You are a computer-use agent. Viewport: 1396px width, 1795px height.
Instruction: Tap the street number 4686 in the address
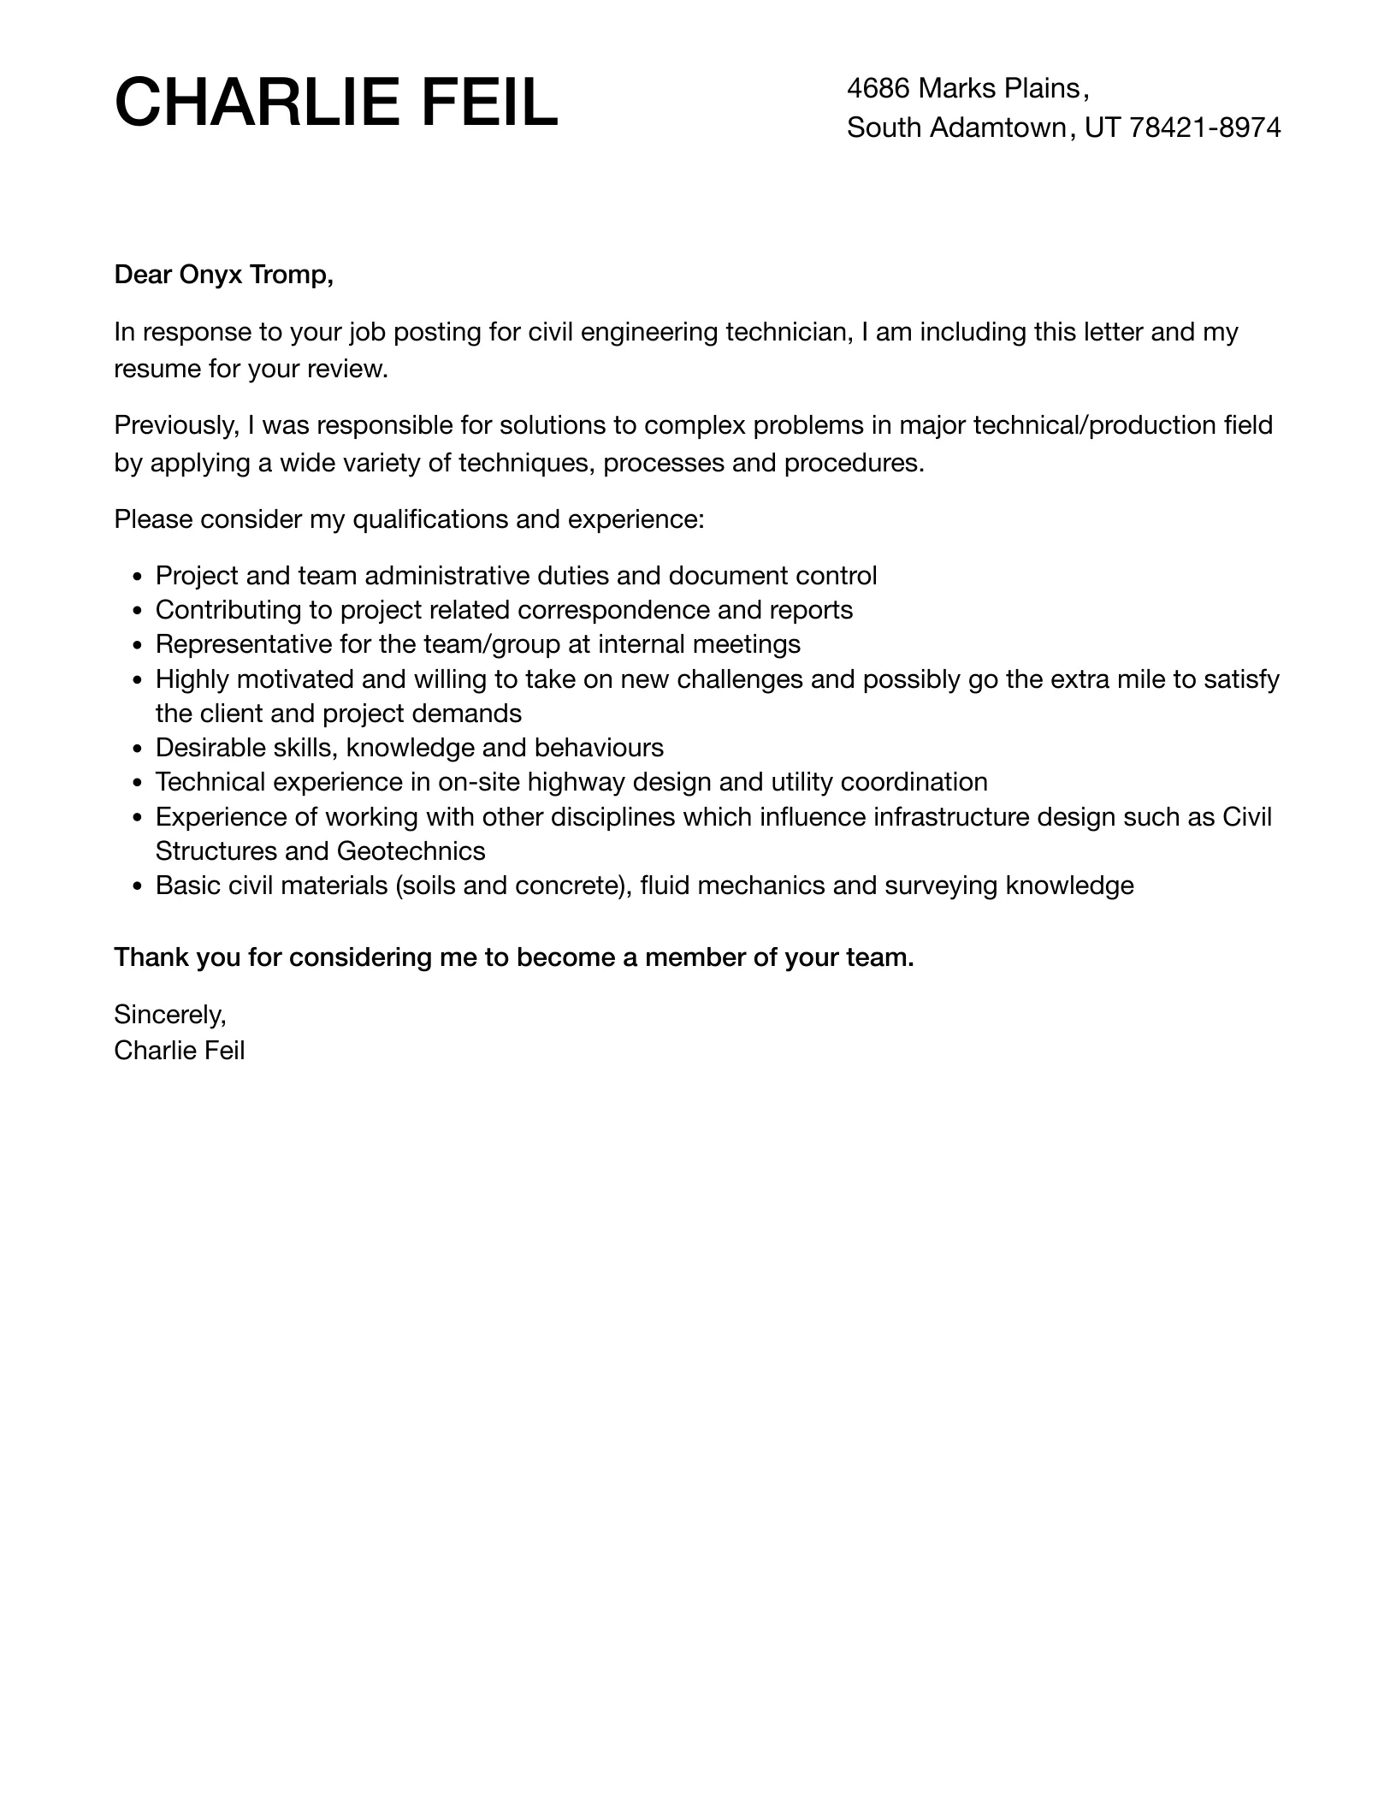[x=878, y=88]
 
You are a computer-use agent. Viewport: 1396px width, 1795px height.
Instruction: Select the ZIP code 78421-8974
[x=1205, y=127]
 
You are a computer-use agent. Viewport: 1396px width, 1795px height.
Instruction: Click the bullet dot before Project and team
[x=138, y=577]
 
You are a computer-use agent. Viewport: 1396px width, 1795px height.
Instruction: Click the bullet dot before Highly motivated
[x=138, y=680]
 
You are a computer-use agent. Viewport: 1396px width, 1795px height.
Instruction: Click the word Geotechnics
[x=411, y=851]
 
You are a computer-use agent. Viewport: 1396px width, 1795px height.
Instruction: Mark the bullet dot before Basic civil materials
[x=138, y=886]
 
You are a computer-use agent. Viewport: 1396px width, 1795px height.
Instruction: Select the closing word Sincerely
[x=169, y=1015]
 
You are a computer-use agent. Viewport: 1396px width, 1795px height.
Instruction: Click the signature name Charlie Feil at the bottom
[x=180, y=1051]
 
